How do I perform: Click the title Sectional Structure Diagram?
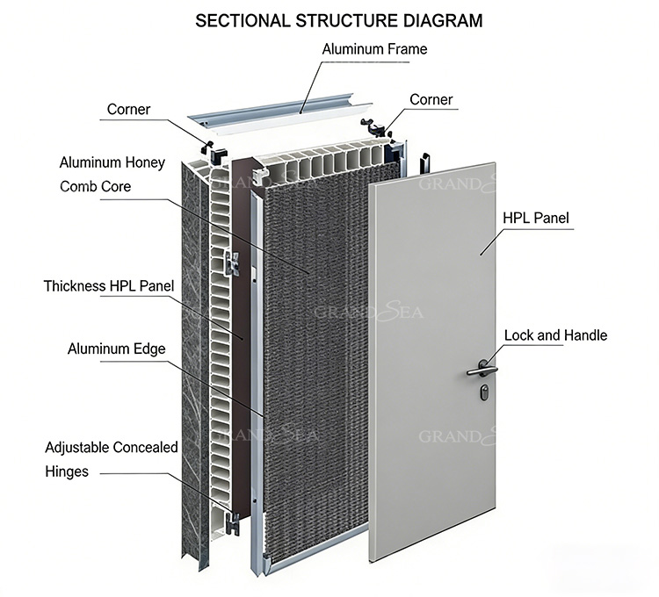coord(338,20)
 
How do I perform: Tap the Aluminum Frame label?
coord(374,49)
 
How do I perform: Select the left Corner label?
coord(128,110)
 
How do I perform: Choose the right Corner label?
coord(431,99)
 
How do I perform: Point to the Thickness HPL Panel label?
coord(109,285)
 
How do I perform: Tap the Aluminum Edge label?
coord(116,349)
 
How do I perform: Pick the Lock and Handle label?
coord(555,335)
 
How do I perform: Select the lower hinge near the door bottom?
coord(233,524)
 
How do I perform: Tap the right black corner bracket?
coord(381,132)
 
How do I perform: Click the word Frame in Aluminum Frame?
coord(406,49)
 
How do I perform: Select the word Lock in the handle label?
coord(519,335)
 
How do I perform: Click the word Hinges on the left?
coord(67,471)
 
